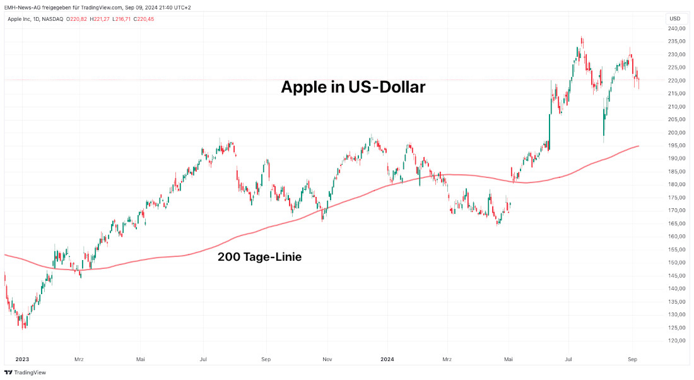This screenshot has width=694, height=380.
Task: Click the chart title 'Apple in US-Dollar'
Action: pyautogui.click(x=353, y=87)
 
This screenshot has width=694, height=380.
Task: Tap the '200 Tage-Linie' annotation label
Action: pyautogui.click(x=259, y=257)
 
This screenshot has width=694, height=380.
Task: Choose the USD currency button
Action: pyautogui.click(x=674, y=18)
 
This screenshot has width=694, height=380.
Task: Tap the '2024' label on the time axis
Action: pyautogui.click(x=388, y=359)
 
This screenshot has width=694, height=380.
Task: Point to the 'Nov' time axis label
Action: pyautogui.click(x=327, y=359)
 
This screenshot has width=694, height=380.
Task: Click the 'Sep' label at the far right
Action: pyautogui.click(x=633, y=359)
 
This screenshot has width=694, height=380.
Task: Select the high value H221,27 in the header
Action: pyautogui.click(x=100, y=19)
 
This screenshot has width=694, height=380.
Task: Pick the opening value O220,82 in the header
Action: pyautogui.click(x=78, y=19)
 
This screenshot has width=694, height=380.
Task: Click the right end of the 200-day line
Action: pyautogui.click(x=638, y=146)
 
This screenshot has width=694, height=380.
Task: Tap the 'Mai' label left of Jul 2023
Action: pyautogui.click(x=141, y=359)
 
